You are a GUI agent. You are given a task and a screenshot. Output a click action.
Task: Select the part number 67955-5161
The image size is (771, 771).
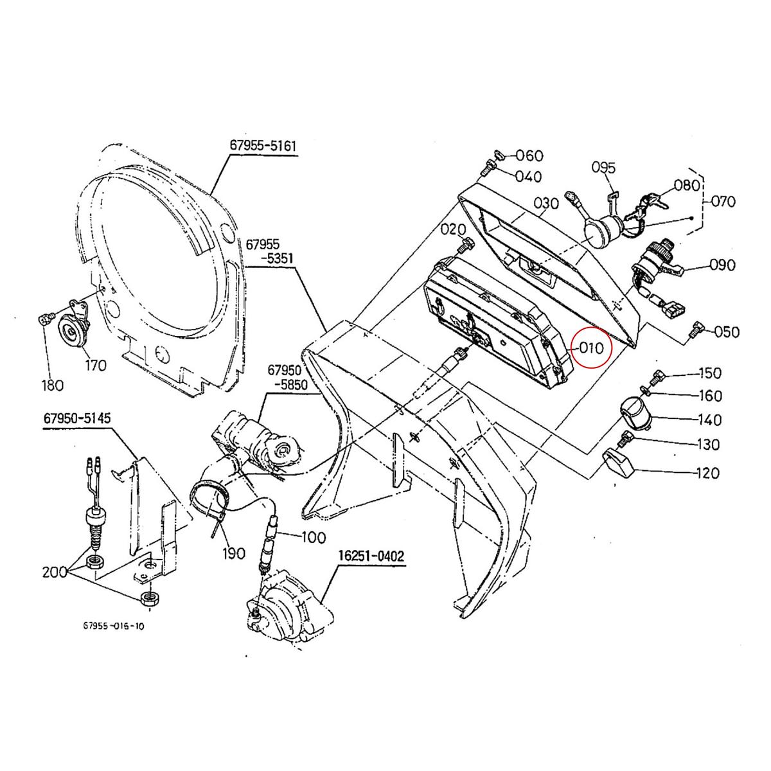tap(263, 146)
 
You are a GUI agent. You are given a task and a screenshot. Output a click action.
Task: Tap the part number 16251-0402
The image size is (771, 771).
tap(371, 556)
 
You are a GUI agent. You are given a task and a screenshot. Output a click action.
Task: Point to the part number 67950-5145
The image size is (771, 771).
tap(77, 418)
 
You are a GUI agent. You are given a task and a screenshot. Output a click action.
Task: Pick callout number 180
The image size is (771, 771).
tap(52, 385)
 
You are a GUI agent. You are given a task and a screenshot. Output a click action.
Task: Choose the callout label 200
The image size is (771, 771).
tap(55, 572)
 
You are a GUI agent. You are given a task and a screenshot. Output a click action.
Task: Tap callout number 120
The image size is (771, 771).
tap(707, 473)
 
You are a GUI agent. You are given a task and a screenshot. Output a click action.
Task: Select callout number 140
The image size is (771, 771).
tap(709, 420)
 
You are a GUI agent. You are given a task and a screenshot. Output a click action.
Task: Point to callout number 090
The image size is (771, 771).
tap(722, 265)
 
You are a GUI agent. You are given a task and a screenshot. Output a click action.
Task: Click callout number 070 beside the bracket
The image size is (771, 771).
tap(724, 201)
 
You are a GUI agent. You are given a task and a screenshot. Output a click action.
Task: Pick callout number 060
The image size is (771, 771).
tap(529, 155)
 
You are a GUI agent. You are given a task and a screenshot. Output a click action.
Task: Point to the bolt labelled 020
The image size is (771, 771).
tap(466, 244)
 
